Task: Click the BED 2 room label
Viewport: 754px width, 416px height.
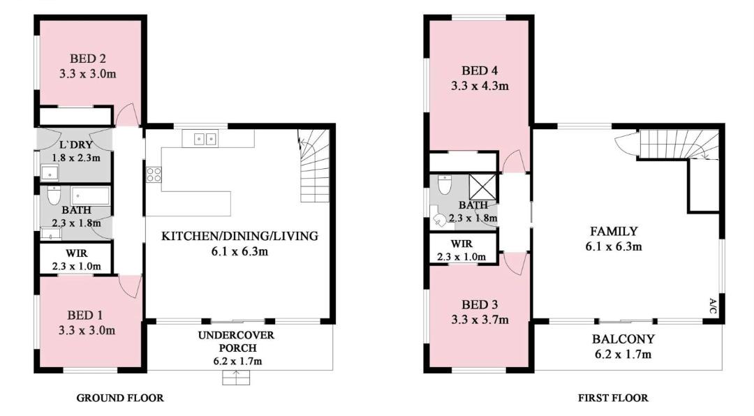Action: tap(87, 59)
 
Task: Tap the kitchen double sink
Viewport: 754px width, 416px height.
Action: tap(205, 139)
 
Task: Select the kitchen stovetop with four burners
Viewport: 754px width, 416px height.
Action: tap(154, 174)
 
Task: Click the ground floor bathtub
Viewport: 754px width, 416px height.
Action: tap(90, 195)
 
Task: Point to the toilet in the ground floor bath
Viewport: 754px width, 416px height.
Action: tap(54, 195)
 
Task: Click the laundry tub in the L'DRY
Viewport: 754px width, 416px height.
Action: tap(49, 173)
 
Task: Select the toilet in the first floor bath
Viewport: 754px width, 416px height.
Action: tap(445, 185)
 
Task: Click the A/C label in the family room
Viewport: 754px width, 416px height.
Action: tap(713, 306)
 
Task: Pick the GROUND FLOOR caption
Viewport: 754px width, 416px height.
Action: tap(120, 398)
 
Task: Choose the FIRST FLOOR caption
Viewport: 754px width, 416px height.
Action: tap(613, 398)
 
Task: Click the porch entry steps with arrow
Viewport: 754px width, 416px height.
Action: tap(236, 378)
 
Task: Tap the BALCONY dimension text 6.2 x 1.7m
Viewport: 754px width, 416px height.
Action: tap(623, 355)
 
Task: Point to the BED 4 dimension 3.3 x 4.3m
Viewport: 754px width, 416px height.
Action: tap(480, 86)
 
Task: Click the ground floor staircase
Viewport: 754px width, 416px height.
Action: tap(313, 165)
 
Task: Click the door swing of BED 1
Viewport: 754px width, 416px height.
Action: tap(130, 287)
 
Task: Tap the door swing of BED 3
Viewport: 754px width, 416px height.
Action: tap(515, 264)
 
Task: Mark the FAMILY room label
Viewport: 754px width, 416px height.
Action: tap(614, 231)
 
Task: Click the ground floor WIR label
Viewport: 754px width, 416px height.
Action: tap(77, 253)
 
